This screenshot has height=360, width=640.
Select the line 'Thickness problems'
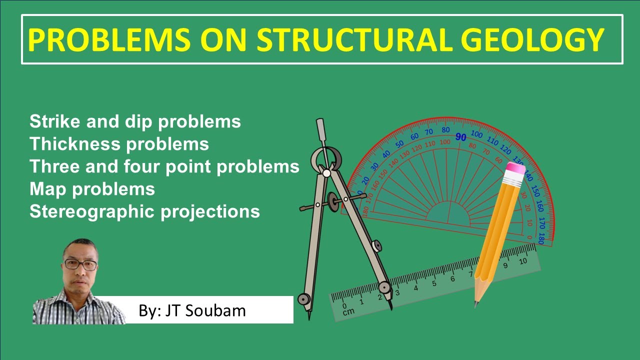point(119,144)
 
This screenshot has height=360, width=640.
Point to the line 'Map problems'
point(92,189)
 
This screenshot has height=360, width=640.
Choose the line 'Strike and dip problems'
point(135,121)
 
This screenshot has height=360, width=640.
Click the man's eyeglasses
point(80,265)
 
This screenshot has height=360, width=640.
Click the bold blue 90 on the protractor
point(460,136)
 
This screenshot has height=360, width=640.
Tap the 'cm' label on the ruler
point(348,311)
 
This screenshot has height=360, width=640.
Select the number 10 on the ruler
point(523,261)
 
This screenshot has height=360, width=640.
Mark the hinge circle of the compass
point(326,173)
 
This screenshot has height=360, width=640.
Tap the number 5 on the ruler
point(434,283)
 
